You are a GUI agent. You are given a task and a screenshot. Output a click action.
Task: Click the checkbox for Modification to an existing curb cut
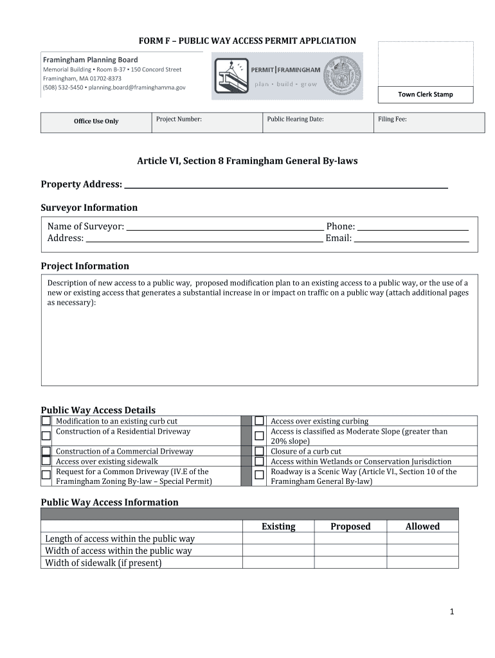click(46, 421)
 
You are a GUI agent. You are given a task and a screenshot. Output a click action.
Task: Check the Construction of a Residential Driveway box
click(46, 436)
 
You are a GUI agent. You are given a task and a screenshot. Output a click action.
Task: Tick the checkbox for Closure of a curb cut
click(259, 451)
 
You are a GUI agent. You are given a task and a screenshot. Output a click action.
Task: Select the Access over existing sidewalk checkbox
click(46, 461)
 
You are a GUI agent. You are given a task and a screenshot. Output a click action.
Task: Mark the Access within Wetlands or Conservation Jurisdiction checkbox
click(259, 461)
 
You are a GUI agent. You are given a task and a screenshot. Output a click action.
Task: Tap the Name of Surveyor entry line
click(224, 227)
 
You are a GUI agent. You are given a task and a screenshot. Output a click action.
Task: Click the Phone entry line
click(412, 227)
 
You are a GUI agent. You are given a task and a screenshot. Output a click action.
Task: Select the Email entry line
click(411, 239)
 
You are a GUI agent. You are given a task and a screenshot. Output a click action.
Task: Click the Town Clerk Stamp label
click(425, 94)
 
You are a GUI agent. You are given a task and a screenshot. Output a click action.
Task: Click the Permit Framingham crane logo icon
click(231, 76)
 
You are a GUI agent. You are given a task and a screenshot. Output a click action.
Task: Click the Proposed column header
click(350, 526)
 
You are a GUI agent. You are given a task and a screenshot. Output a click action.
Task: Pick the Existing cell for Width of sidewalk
click(278, 563)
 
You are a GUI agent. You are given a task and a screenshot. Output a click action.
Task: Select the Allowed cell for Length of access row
click(422, 538)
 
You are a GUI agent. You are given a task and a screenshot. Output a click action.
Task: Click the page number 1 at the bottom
click(452, 612)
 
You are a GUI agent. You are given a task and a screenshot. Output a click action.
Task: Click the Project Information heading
click(85, 266)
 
